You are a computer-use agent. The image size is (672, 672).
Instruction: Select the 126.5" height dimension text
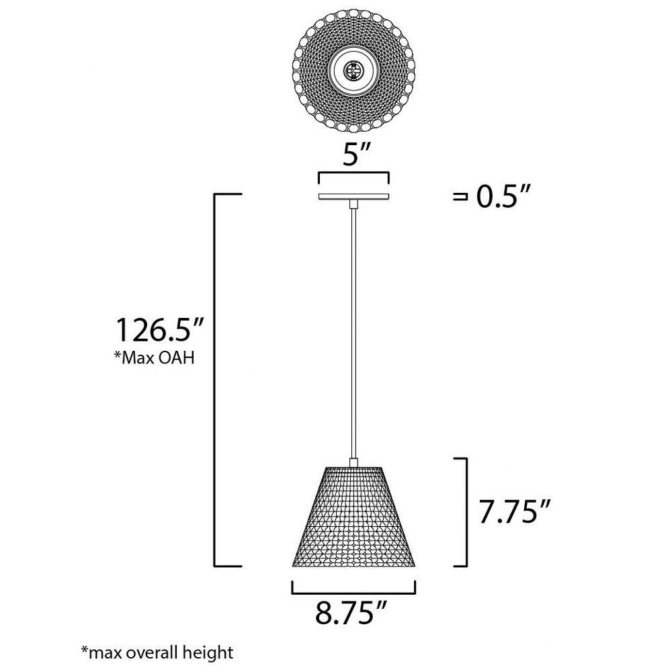(x=159, y=329)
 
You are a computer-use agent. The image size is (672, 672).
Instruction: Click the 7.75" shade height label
(x=514, y=511)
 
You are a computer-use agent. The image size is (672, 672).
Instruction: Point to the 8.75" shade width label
(x=351, y=612)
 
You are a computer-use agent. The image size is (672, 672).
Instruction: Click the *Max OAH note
(x=154, y=358)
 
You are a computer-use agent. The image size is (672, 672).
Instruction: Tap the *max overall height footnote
(x=157, y=653)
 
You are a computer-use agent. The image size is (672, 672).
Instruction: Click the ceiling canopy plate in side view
(x=353, y=196)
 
